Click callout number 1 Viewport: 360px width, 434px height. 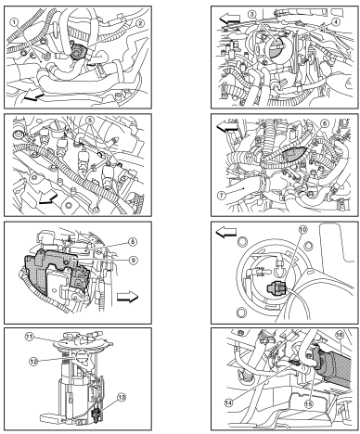tap(14, 21)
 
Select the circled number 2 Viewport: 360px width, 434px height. tap(140, 23)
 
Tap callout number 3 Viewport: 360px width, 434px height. tap(252, 14)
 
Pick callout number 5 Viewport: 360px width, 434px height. tap(89, 120)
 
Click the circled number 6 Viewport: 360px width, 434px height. tap(324, 123)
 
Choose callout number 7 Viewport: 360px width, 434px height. tap(221, 196)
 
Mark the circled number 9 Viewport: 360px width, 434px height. tap(133, 261)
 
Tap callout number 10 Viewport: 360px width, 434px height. tap(302, 229)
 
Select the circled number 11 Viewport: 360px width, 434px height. tap(29, 337)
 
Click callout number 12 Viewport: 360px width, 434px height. tap(33, 361)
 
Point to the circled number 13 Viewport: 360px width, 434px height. tap(122, 397)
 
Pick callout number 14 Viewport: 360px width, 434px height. tap(228, 402)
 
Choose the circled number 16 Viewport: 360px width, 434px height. tap(340, 335)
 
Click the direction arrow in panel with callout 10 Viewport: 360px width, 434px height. tap(226, 233)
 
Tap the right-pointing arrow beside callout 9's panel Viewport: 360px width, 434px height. tap(127, 297)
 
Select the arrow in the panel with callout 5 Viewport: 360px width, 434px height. tap(48, 198)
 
